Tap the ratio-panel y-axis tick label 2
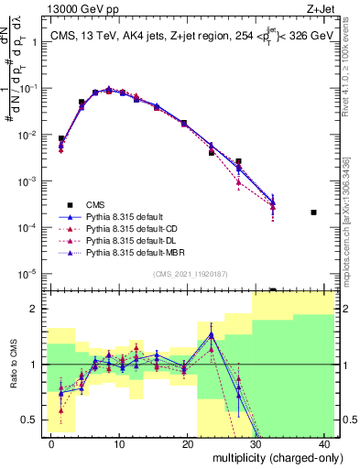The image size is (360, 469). (36, 309)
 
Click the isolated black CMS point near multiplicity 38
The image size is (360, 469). (313, 213)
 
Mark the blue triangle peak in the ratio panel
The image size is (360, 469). (212, 335)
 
